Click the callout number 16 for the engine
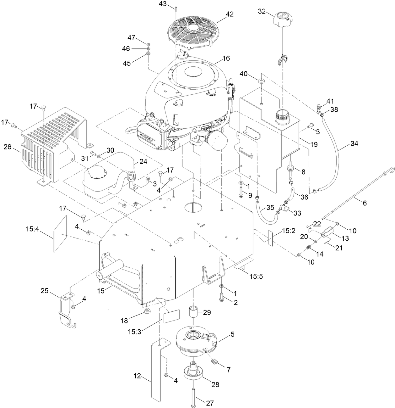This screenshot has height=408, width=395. [226, 58]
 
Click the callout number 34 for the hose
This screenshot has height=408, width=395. [354, 143]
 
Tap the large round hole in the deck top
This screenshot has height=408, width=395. [193, 207]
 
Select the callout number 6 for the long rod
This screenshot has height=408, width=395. [365, 203]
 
